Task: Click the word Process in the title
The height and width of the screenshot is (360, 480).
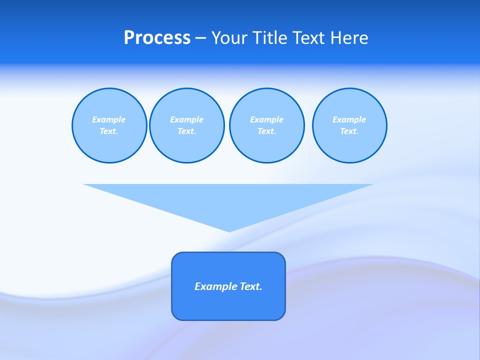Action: click(157, 38)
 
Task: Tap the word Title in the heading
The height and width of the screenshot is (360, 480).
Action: click(271, 38)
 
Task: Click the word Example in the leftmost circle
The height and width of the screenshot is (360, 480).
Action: click(109, 119)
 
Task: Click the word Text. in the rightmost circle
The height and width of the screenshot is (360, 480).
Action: click(349, 131)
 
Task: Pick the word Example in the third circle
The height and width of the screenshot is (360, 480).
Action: click(267, 119)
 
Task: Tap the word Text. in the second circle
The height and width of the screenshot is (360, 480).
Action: click(187, 131)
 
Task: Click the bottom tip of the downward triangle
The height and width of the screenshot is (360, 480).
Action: click(229, 230)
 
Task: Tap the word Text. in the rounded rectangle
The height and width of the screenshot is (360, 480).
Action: click(250, 286)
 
